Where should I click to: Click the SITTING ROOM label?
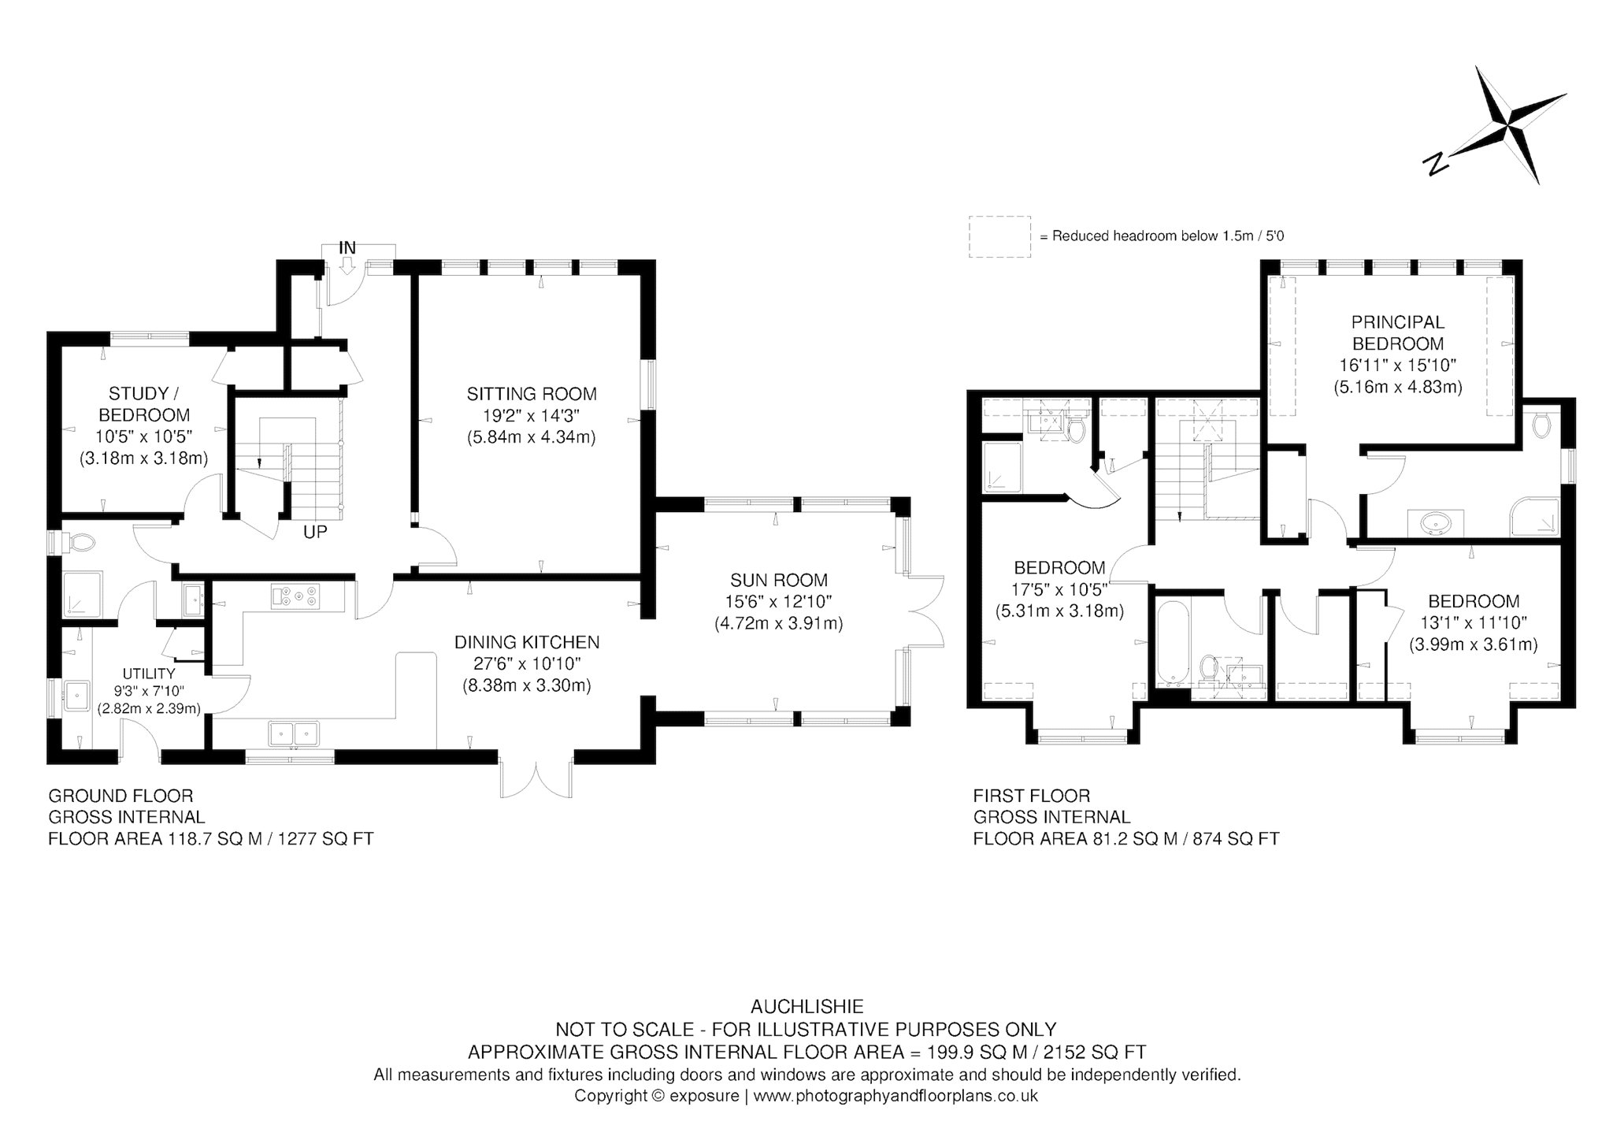(x=532, y=394)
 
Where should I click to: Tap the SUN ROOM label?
(x=779, y=581)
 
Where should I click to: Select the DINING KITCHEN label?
(x=527, y=643)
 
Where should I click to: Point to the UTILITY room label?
(x=149, y=674)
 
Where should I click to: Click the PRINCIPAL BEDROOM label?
(x=1398, y=332)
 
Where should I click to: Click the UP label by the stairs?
(x=315, y=533)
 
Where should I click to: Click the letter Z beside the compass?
(x=1435, y=164)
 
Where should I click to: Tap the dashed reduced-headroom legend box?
(x=999, y=236)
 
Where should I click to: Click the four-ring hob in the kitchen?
(x=295, y=596)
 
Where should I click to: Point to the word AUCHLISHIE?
(x=807, y=1007)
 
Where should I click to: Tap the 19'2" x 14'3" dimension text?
(x=532, y=415)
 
